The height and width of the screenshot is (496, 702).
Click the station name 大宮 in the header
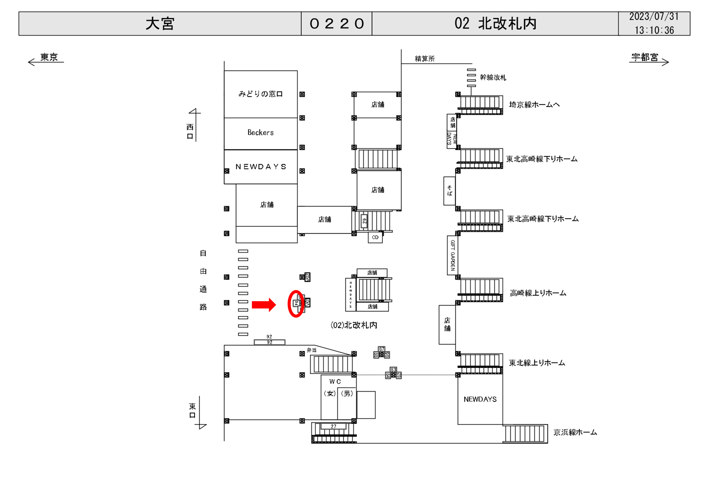(x=160, y=24)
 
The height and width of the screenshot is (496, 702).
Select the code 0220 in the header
(x=336, y=24)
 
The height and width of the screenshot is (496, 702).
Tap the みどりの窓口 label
(x=261, y=94)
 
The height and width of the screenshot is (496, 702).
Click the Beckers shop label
(x=261, y=133)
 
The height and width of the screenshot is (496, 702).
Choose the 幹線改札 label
(x=493, y=78)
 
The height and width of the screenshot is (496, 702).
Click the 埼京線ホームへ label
(x=534, y=105)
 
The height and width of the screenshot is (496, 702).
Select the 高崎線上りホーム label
(x=538, y=293)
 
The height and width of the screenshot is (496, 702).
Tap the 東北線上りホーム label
(x=537, y=363)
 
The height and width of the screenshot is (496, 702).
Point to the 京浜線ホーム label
(x=575, y=432)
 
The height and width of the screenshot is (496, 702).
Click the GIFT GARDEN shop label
(x=452, y=255)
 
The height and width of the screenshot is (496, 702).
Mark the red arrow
(x=264, y=304)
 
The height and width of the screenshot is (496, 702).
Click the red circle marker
(x=296, y=304)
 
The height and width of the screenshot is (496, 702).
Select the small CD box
(x=375, y=237)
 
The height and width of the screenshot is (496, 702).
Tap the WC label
(x=335, y=382)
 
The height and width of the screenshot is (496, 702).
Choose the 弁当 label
(x=311, y=350)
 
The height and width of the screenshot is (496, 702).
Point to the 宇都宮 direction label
(x=644, y=57)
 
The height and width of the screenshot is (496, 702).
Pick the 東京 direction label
(x=49, y=57)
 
